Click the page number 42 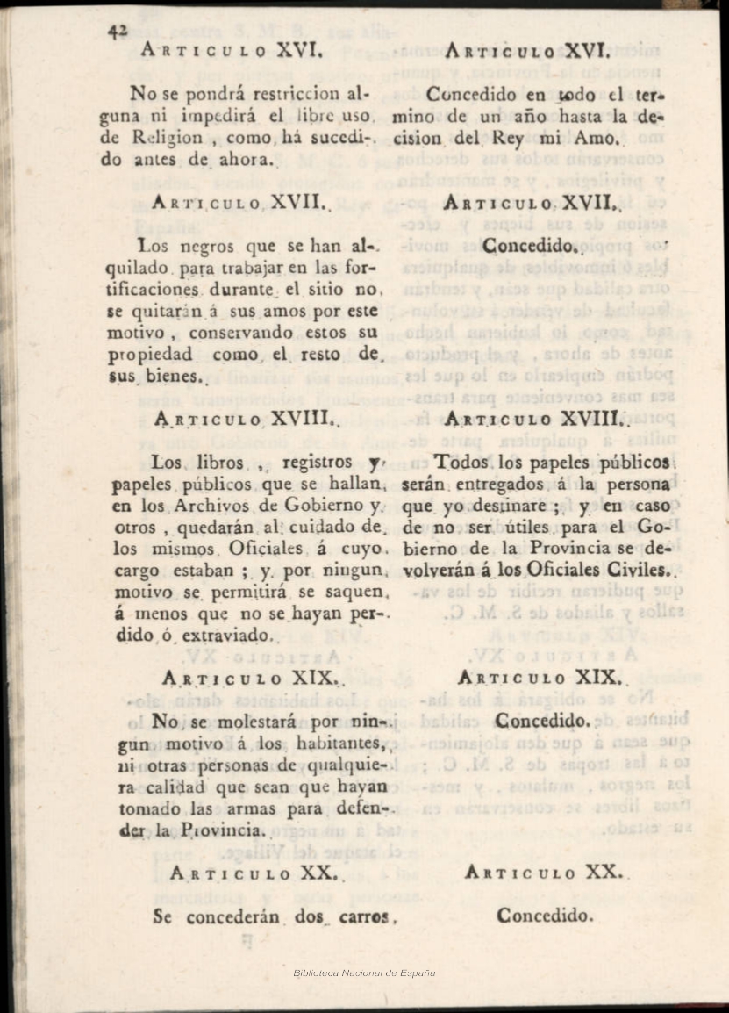(x=118, y=32)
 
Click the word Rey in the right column (x=508, y=138)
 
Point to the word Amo (x=597, y=138)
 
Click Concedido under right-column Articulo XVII (x=531, y=247)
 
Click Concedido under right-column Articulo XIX (x=542, y=721)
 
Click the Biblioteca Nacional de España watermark (x=364, y=973)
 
